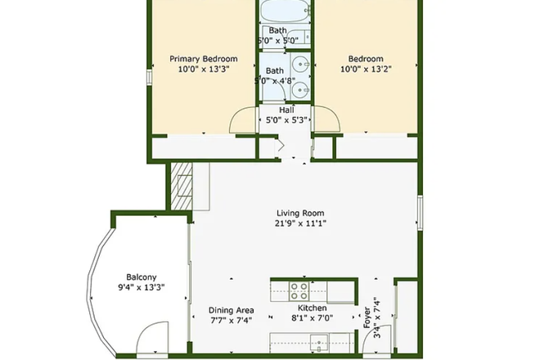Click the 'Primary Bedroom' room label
(x=203, y=59)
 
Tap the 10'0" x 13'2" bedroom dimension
(x=365, y=70)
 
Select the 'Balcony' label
(x=141, y=277)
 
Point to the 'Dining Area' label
(x=232, y=310)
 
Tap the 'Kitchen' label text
(x=312, y=308)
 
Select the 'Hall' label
(x=286, y=110)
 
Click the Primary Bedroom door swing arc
(x=243, y=121)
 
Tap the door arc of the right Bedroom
(x=326, y=121)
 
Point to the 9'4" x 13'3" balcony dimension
(x=141, y=287)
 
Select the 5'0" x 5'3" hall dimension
(x=286, y=120)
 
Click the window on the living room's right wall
(x=419, y=212)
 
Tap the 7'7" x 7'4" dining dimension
(x=232, y=321)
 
